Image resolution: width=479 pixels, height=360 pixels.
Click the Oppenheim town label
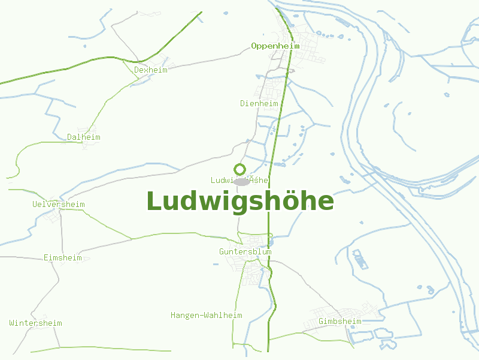[x=275, y=46]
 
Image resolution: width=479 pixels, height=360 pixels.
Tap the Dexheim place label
[x=151, y=70]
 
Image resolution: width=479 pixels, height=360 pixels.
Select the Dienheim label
[x=259, y=103]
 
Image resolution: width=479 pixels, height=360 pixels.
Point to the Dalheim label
[x=84, y=137]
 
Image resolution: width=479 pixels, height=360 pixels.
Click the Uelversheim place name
[x=59, y=204]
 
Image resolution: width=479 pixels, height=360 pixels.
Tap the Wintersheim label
[x=36, y=323]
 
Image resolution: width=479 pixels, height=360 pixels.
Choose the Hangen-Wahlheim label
[x=207, y=315]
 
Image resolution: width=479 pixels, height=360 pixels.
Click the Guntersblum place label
[x=245, y=251]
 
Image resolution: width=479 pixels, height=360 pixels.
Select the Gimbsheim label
[x=340, y=321]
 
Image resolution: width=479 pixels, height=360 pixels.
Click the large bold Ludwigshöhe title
[x=240, y=201]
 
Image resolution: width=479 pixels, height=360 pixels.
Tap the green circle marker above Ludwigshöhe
[x=239, y=170]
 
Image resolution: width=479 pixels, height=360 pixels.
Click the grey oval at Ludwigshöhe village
[x=241, y=181]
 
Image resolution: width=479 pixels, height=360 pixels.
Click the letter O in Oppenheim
[x=254, y=46]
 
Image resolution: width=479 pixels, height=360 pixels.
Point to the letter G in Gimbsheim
[x=322, y=321]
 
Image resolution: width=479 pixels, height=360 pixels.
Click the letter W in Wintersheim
[x=12, y=323]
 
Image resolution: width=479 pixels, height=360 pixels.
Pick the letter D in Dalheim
[x=69, y=137]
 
